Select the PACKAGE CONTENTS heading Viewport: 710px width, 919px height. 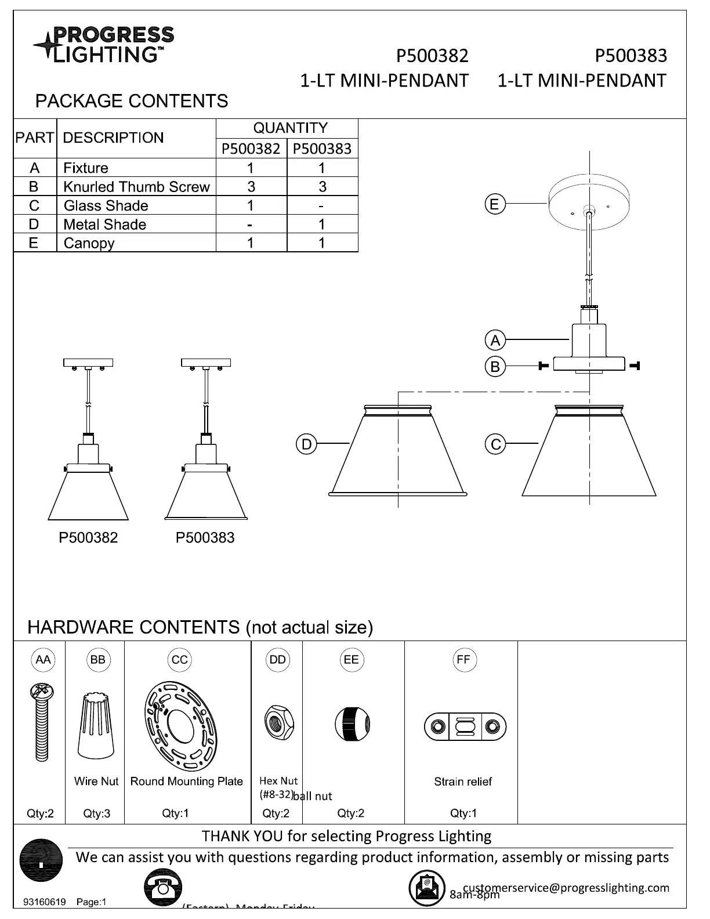tap(132, 101)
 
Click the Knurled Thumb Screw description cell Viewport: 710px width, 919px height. tap(136, 187)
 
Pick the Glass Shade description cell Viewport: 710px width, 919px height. tap(106, 206)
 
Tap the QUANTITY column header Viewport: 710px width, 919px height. tap(290, 128)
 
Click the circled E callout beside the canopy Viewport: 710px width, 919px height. tap(494, 204)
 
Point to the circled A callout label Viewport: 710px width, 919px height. tap(495, 340)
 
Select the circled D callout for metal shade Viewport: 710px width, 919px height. tap(306, 444)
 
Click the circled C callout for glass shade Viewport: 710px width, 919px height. tap(495, 445)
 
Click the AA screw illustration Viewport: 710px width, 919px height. tap(41, 722)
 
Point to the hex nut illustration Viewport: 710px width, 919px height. tap(277, 722)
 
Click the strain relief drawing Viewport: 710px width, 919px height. tap(465, 727)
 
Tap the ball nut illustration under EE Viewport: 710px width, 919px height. tap(353, 724)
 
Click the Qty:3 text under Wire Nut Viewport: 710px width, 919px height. tap(96, 813)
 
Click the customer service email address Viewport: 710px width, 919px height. tap(566, 888)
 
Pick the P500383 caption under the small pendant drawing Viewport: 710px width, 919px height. tap(205, 538)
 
